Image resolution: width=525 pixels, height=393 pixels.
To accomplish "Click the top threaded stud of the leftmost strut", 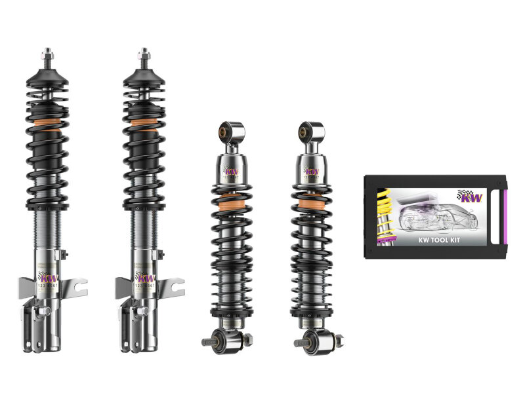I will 47,52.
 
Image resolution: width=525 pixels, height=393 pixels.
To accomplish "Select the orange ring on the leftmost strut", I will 49,122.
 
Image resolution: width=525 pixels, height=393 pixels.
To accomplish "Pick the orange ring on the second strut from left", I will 144,122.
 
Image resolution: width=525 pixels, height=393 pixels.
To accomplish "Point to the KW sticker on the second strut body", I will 143,278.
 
